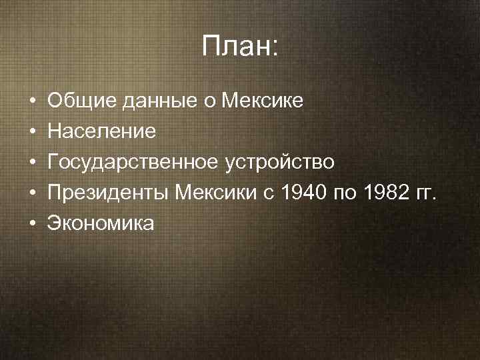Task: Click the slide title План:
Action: pyautogui.click(x=241, y=47)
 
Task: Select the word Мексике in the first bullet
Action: pyautogui.click(x=262, y=101)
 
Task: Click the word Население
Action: pyautogui.click(x=101, y=131)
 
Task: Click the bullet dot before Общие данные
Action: pyautogui.click(x=31, y=102)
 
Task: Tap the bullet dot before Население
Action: pyautogui.click(x=31, y=132)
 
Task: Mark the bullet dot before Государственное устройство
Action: pyautogui.click(x=31, y=163)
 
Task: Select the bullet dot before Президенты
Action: pyautogui.click(x=31, y=193)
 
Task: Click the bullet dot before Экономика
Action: pyautogui.click(x=31, y=224)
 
